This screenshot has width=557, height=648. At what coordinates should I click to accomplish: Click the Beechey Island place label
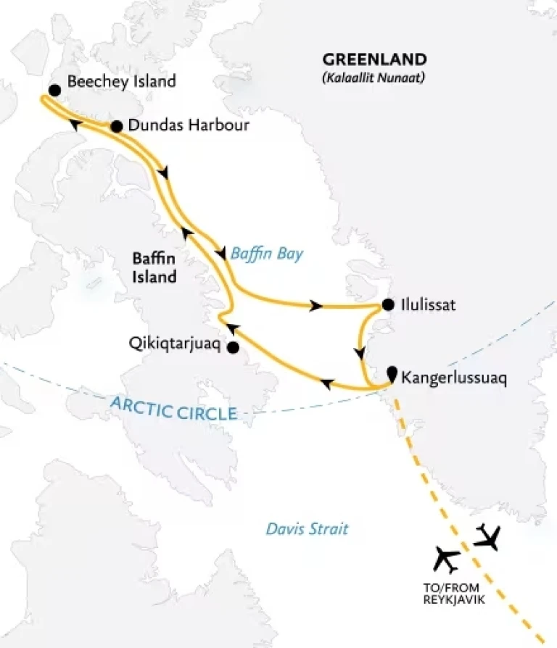point(121,81)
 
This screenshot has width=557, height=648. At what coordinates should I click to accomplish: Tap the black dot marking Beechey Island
point(54,90)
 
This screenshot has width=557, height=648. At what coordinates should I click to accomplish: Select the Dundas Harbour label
point(188,125)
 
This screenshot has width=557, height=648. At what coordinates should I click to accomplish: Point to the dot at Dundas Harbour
point(115,126)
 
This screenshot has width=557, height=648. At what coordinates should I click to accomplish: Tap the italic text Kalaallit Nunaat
point(374,76)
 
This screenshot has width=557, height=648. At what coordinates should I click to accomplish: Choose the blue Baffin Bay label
point(266,254)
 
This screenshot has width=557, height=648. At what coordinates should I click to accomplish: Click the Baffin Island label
point(154,267)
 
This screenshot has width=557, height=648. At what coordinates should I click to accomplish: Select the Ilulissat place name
point(428,305)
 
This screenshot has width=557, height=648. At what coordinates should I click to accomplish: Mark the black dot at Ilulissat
point(388,304)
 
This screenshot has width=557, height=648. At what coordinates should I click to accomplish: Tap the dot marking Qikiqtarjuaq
point(232,348)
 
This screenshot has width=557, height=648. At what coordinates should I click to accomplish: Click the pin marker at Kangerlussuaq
point(392,374)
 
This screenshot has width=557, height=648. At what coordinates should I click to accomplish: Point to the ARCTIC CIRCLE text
point(175,409)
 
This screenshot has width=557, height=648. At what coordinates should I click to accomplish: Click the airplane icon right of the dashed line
point(488,537)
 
